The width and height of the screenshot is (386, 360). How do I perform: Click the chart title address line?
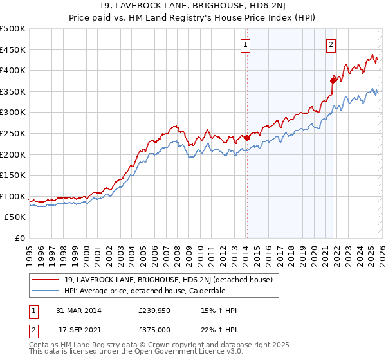tap(193, 6)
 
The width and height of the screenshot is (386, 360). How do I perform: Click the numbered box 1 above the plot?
tap(246, 44)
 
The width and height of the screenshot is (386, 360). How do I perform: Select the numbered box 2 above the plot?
tap(331, 44)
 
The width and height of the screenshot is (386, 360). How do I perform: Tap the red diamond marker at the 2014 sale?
tap(247, 137)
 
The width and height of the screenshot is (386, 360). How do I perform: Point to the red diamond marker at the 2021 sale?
tap(333, 80)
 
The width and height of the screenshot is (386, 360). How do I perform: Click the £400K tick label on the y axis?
tap(13, 71)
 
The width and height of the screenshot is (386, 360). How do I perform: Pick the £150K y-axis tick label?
tap(13, 175)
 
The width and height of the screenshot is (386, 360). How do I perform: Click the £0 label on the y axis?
tap(19, 238)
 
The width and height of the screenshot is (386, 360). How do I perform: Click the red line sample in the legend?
tap(46, 280)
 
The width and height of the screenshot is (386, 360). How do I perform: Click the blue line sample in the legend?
tap(46, 291)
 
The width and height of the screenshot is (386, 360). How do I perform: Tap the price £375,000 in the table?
tap(159, 329)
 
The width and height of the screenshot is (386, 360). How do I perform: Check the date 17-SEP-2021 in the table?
tap(78, 329)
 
